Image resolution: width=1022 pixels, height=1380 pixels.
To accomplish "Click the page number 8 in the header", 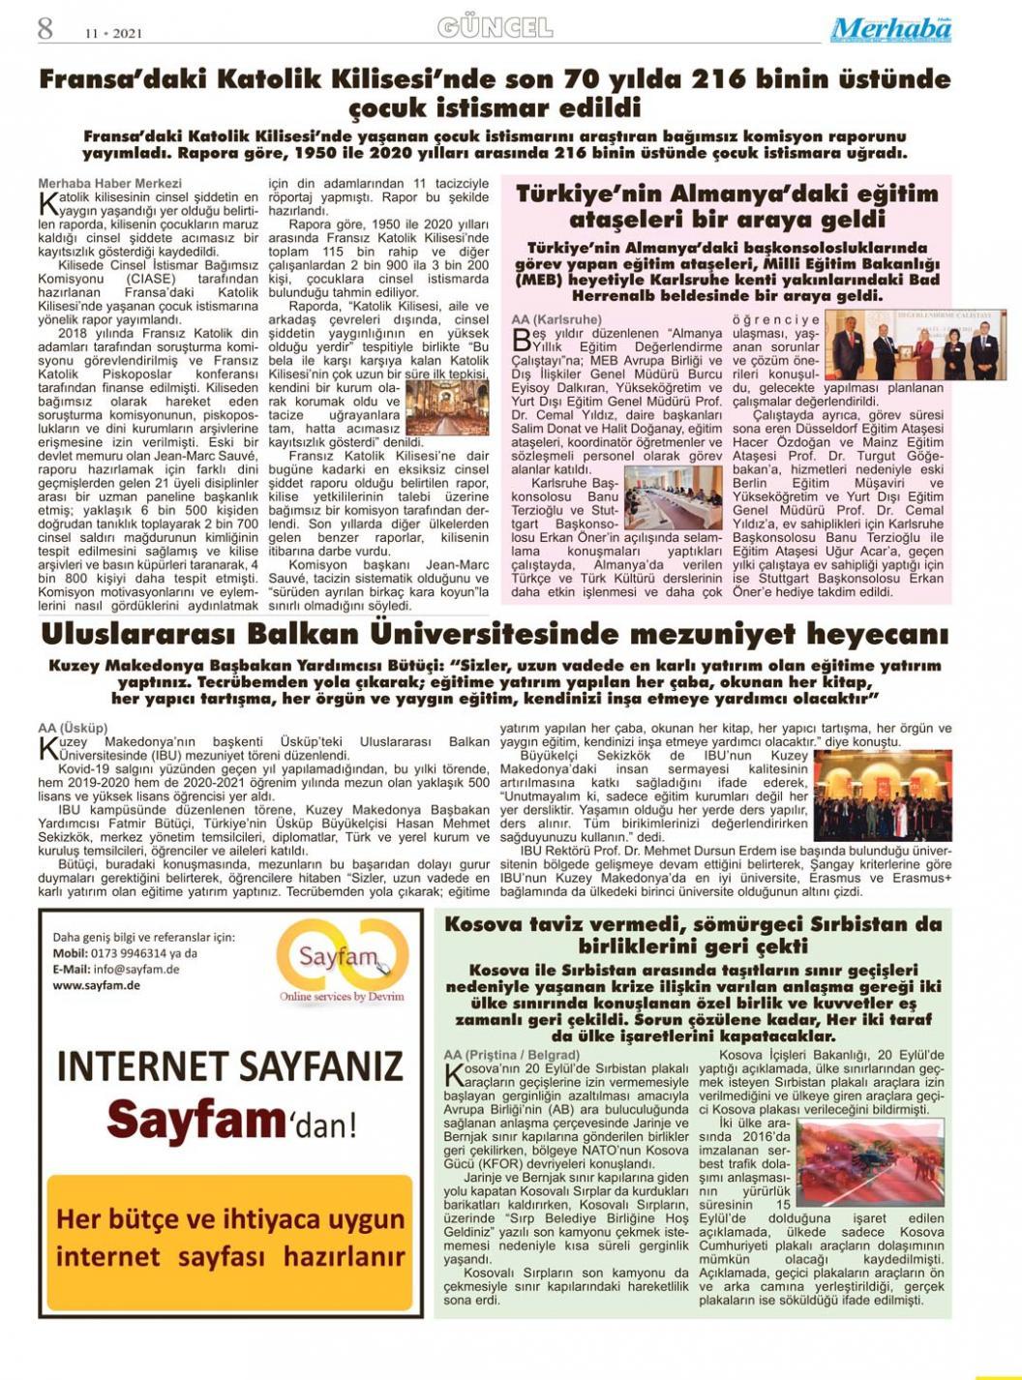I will point(45,28).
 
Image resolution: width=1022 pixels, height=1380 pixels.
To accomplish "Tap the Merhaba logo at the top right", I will point(890,29).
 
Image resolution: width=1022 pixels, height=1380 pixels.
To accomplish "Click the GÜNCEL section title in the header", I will point(495,27).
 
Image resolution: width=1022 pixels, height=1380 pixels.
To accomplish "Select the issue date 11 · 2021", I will point(113,33).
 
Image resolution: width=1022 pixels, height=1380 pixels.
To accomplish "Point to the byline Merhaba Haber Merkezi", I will point(109,183).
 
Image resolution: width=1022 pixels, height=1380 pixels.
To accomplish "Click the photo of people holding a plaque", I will point(915,345).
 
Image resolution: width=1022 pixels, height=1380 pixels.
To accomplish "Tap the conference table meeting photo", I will point(673,497).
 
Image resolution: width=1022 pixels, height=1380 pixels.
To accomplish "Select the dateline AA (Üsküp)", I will point(73,728).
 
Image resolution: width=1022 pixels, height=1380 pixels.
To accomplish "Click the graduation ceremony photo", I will point(882,795).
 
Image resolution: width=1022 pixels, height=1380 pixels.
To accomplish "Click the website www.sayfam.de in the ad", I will point(96,985).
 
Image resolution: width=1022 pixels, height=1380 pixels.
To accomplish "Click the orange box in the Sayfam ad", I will point(229,1240).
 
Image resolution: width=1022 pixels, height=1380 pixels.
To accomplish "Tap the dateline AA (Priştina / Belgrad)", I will point(511,1054).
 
